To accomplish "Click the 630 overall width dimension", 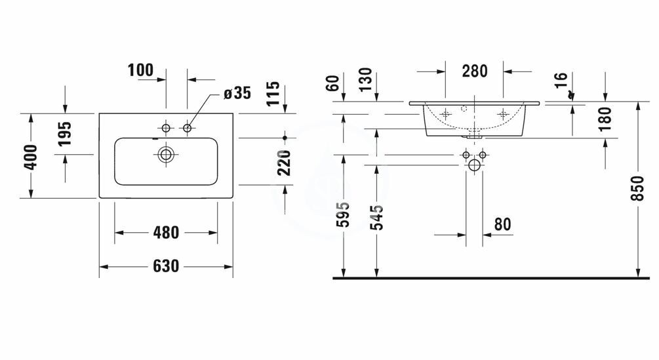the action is click(166, 266).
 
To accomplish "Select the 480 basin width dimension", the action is click(166, 232).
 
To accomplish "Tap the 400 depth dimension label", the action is click(31, 157).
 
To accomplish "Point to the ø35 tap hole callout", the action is click(237, 93).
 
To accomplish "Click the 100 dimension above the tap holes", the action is click(141, 70).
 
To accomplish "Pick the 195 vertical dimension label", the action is click(65, 134).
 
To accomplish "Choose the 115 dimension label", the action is click(273, 94).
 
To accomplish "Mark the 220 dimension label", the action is click(285, 163).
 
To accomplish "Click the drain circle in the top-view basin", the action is click(166, 155).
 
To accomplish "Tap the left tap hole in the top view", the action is click(166, 128).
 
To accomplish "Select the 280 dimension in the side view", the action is click(475, 71).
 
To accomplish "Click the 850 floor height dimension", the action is click(637, 188).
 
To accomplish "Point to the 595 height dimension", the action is click(344, 214).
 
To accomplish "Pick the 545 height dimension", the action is click(377, 218).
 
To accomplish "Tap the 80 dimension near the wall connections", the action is click(503, 224).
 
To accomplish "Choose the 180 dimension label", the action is click(605, 119).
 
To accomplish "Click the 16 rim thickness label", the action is click(561, 80).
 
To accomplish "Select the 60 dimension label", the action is click(332, 83).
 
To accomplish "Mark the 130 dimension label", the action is click(366, 80).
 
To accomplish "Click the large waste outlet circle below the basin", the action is click(474, 165).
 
